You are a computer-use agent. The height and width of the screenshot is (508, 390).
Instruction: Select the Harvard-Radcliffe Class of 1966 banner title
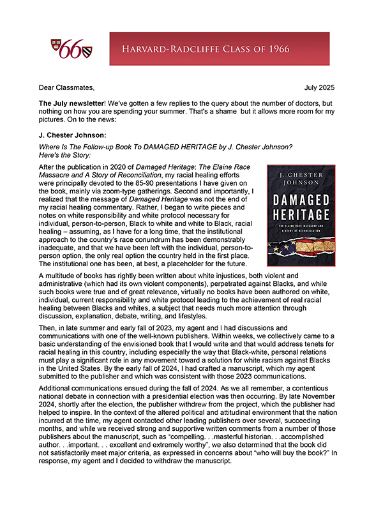pyautogui.click(x=219, y=49)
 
